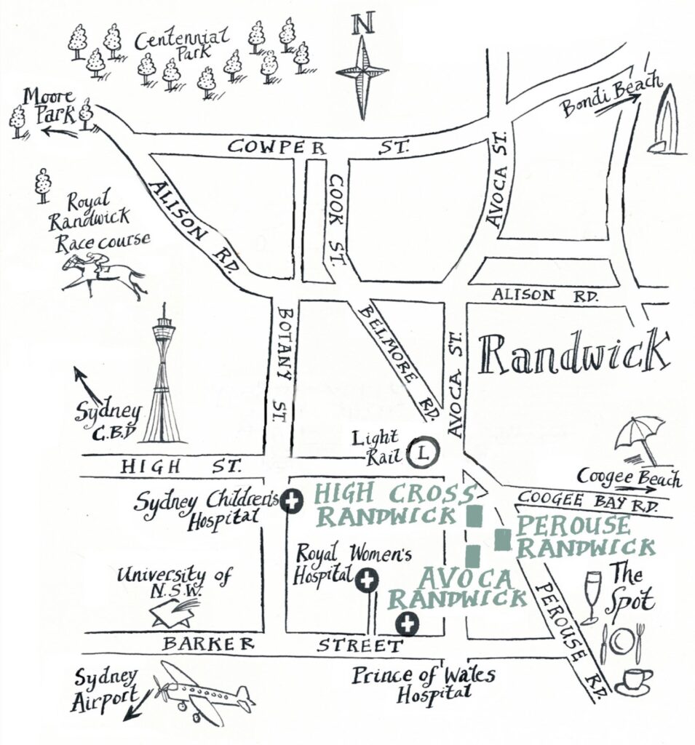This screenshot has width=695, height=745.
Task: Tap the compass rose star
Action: (361, 71)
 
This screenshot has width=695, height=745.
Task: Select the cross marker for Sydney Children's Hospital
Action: (293, 502)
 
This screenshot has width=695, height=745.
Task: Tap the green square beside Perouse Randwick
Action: (501, 539)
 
